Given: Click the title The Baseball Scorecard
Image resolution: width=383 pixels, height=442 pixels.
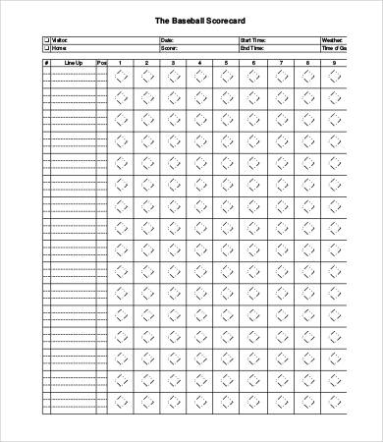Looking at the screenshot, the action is [191, 19].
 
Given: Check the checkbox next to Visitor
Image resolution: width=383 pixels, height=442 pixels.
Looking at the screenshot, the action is [45, 40].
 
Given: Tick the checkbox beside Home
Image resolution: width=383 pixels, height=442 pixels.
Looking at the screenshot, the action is [45, 47].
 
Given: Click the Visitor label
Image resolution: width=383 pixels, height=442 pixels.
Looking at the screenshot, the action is [61, 40].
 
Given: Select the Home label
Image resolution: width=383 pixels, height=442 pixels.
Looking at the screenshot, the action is [60, 47].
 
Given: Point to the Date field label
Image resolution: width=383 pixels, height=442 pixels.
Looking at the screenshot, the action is [166, 40].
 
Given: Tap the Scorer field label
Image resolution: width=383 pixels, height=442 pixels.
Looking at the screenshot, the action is [168, 47].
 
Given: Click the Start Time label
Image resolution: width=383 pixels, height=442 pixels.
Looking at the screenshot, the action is [252, 40].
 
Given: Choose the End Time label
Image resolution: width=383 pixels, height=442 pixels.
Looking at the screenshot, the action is [251, 47].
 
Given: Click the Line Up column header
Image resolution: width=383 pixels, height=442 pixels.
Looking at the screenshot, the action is [74, 63].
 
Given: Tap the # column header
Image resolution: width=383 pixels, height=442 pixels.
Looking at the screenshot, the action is [46, 63].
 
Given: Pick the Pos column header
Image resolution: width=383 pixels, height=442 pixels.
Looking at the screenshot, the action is [101, 63].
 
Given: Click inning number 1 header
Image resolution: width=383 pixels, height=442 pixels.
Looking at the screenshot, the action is [121, 63].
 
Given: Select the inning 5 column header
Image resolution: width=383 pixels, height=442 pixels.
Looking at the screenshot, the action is [227, 63].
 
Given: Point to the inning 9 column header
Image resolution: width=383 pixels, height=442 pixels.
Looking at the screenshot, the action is [333, 63].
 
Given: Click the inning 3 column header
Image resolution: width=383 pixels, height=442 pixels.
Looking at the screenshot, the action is [174, 63].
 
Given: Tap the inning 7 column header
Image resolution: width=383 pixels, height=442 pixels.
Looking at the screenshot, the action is [280, 63].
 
